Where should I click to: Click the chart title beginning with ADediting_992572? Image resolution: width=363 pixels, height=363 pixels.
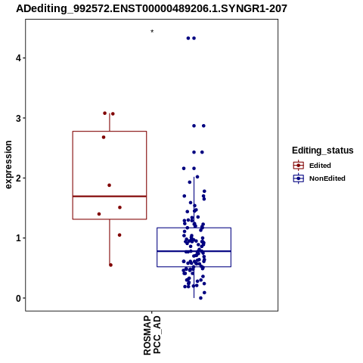click(151, 9)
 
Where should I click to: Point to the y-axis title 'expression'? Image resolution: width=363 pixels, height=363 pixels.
click(8, 165)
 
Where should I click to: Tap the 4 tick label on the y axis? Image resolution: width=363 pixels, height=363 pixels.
click(18, 58)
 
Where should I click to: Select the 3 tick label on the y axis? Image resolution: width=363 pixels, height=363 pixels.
click(18, 118)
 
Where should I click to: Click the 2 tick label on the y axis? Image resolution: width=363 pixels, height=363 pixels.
click(18, 178)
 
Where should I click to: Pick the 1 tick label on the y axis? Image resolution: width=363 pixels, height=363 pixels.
click(18, 238)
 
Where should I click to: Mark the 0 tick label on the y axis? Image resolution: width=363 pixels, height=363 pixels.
click(18, 298)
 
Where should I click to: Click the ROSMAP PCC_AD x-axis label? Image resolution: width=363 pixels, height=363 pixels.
click(152, 336)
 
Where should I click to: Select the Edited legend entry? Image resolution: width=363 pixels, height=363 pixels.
click(320, 166)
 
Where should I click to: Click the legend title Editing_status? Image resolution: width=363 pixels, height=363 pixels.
click(323, 150)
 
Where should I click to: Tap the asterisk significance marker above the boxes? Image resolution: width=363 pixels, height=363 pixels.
click(152, 32)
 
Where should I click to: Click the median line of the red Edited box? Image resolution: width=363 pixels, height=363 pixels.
click(110, 196)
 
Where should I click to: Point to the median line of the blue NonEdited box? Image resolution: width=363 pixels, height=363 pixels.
click(194, 251)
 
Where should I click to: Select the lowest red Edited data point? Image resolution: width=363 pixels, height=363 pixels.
click(110, 265)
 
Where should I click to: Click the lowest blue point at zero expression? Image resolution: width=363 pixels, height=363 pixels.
click(200, 298)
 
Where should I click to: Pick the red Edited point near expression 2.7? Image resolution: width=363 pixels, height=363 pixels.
click(104, 137)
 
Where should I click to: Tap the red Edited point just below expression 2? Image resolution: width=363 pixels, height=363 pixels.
click(109, 185)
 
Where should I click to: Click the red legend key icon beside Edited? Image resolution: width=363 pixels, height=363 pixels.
click(299, 166)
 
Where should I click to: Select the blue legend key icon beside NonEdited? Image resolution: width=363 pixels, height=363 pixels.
click(299, 178)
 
